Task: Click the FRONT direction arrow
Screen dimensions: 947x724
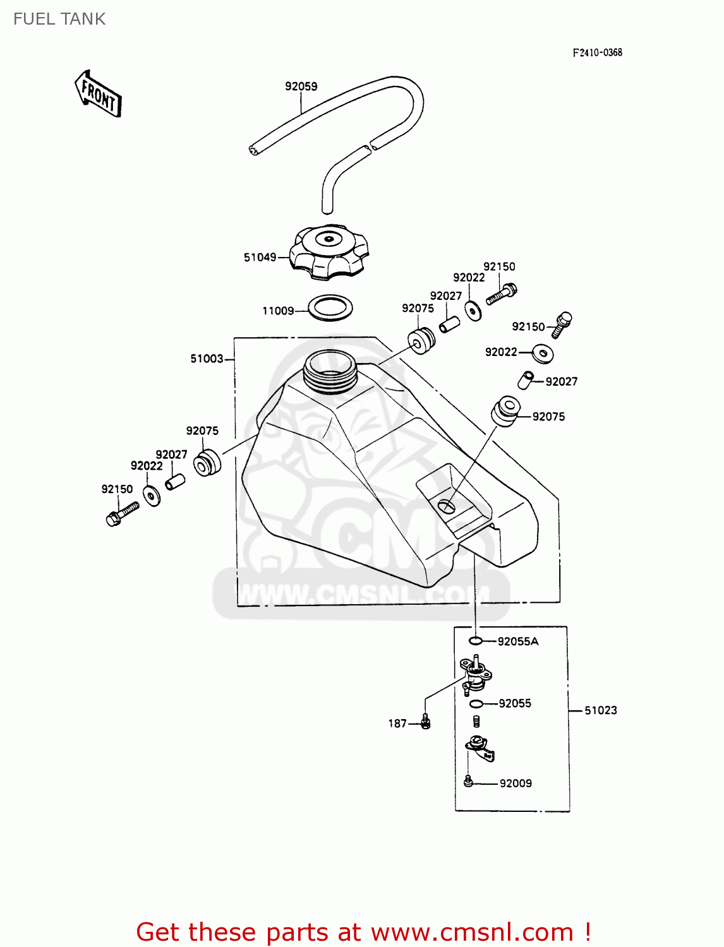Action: tap(99, 94)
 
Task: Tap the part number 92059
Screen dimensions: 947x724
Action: tap(301, 86)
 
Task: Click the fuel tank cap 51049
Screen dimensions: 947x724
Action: tap(329, 252)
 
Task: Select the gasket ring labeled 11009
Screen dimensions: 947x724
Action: tap(330, 308)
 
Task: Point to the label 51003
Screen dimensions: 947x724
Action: tap(207, 359)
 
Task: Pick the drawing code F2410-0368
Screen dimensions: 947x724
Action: tap(597, 52)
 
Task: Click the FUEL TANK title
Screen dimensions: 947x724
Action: tap(59, 19)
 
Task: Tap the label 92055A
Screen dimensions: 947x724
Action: tap(518, 641)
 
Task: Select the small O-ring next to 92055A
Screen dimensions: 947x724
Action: tap(476, 641)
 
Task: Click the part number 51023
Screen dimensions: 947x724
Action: tap(600, 710)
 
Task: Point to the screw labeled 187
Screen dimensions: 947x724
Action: tap(425, 722)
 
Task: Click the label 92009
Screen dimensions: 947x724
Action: tap(516, 783)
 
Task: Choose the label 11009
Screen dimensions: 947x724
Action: tap(278, 311)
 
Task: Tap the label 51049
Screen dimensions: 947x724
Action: tap(260, 257)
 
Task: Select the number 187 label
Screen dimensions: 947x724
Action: tap(397, 724)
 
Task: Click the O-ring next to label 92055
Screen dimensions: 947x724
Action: tap(476, 704)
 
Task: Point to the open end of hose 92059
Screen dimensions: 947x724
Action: tap(254, 150)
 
